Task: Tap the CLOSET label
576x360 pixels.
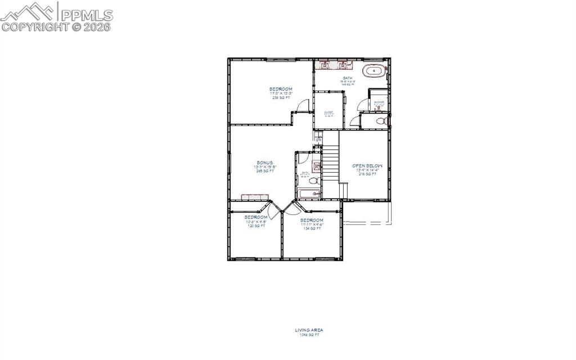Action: click(328, 112)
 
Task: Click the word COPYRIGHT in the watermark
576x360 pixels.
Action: click(35, 26)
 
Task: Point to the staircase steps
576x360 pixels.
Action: click(331, 163)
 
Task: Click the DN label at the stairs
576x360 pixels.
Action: click(318, 139)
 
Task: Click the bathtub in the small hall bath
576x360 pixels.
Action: click(309, 194)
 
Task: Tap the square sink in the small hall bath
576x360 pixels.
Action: click(317, 166)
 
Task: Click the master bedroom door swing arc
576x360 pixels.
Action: click(304, 105)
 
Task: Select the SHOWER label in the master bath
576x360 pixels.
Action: click(379, 102)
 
